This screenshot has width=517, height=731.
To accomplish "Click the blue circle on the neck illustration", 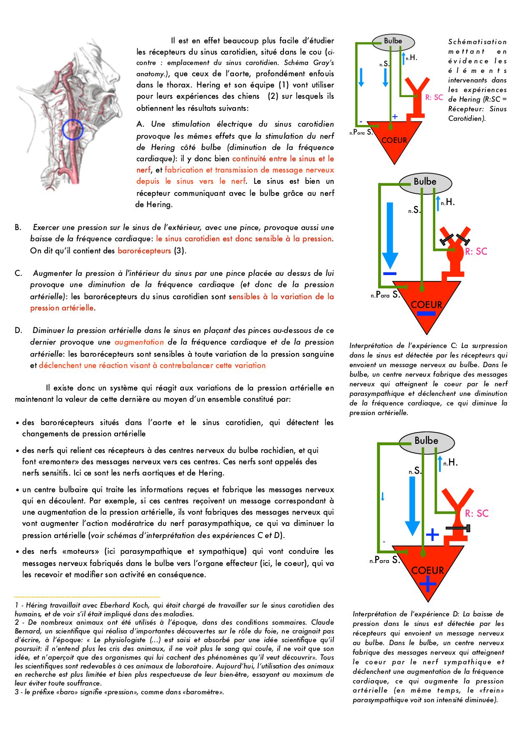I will (73, 129).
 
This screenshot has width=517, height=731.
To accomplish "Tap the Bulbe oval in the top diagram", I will (393, 41).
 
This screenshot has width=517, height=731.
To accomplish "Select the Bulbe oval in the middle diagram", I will (425, 182).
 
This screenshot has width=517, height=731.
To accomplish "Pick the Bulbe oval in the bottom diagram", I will (426, 441).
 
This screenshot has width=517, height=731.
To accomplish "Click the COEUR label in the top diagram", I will (394, 140).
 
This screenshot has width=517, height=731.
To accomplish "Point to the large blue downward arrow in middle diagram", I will (390, 235).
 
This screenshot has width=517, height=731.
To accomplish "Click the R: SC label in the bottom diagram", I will (477, 513).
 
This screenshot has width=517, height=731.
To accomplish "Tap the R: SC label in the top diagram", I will (434, 98).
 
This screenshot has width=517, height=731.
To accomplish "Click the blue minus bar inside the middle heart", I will (426, 314).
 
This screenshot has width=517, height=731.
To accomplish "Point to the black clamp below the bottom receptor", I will (458, 528).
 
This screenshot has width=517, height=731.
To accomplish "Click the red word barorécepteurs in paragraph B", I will (144, 251).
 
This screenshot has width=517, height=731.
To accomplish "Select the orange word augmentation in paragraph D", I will (139, 342).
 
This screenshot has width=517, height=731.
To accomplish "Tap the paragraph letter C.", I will (18, 273).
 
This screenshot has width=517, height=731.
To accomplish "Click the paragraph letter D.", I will (18, 330).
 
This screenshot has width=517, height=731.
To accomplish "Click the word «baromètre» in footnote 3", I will (203, 692).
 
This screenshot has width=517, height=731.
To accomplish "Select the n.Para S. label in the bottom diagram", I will (384, 560).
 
